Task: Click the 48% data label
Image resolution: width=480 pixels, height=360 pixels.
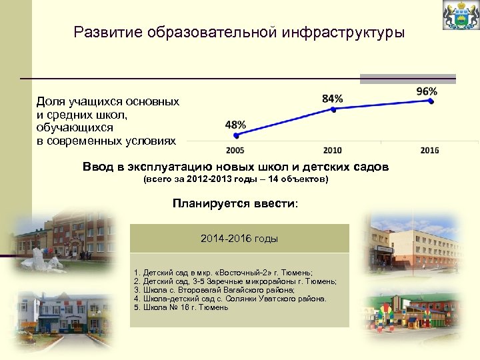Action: [235, 125]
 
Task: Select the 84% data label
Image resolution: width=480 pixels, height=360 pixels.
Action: [332, 99]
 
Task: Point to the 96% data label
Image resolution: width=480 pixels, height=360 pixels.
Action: [427, 91]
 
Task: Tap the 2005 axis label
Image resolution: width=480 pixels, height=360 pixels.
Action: [235, 150]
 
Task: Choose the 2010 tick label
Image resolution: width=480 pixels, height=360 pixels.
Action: [332, 150]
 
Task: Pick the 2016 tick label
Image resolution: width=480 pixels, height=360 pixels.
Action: [430, 150]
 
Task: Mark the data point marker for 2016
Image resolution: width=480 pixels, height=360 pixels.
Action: [431, 101]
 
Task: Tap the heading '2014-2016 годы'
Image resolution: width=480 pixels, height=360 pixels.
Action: [239, 238]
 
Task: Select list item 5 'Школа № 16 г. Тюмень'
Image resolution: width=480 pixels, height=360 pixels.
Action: [181, 308]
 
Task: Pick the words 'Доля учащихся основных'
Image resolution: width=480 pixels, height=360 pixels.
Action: [107, 102]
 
